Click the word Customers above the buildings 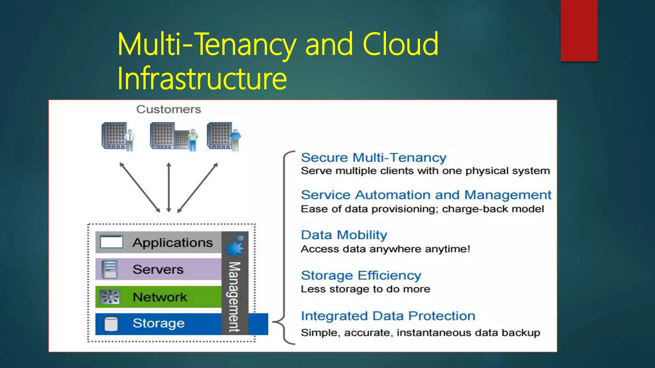coord(169,110)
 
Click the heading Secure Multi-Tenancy coord(373,157)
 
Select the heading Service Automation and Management coord(426,195)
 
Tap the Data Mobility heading coord(344,235)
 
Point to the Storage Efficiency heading coord(361,275)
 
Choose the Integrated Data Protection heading coord(388,316)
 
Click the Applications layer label coord(173,243)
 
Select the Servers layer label coord(158,270)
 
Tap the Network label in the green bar coord(160,297)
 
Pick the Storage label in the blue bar coord(159,323)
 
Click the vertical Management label coord(234,297)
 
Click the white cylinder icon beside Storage coord(111,324)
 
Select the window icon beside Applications coord(111,242)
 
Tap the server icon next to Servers coord(109,269)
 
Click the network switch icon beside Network coord(109,297)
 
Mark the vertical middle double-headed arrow coord(169,188)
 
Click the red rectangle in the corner coord(579,30)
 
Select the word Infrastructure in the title coord(202,78)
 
